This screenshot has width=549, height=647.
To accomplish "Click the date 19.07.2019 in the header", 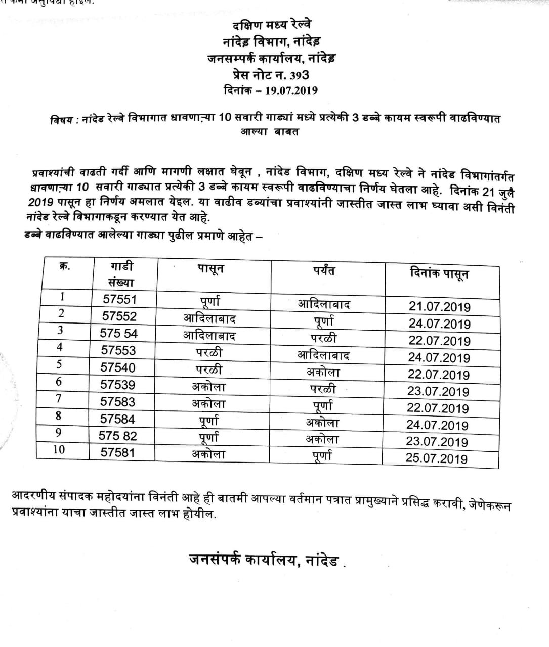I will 291,90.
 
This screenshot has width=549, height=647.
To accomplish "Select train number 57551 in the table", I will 120,299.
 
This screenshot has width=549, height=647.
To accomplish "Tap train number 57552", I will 119,316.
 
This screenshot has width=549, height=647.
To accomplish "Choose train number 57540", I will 118,367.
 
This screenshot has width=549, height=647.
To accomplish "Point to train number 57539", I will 118,385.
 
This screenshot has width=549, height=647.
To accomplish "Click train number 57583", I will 118,402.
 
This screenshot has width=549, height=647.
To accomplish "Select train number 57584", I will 118,419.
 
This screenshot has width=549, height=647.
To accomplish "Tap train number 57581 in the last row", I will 118,452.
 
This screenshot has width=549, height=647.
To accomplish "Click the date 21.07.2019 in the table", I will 440,307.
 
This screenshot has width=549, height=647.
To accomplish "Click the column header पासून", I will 210,269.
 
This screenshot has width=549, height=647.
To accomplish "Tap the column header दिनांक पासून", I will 439,274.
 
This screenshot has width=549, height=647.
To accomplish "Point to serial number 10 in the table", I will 59,449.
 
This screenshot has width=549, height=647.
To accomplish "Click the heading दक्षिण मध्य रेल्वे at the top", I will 272,24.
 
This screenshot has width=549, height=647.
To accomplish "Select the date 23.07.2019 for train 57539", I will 438,392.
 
